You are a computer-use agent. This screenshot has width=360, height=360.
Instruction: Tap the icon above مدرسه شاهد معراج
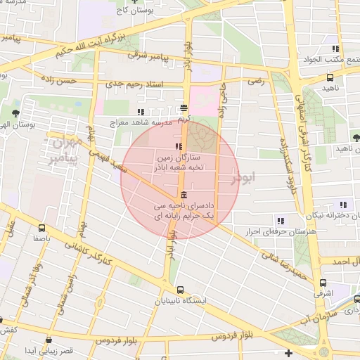[x=141, y=111]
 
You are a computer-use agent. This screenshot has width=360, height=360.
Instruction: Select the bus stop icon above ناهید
[x=330, y=78]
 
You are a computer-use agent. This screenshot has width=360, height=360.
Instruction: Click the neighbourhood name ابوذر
[x=245, y=179]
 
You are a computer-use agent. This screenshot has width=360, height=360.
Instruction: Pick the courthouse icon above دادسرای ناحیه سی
[x=184, y=194]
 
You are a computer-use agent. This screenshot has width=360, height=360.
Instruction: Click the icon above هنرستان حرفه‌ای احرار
[x=281, y=221]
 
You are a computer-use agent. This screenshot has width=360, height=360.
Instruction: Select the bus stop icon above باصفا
[x=41, y=228]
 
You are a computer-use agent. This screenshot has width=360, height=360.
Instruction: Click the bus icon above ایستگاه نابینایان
[x=181, y=289]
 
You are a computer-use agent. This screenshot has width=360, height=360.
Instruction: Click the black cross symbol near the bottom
[x=288, y=352]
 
